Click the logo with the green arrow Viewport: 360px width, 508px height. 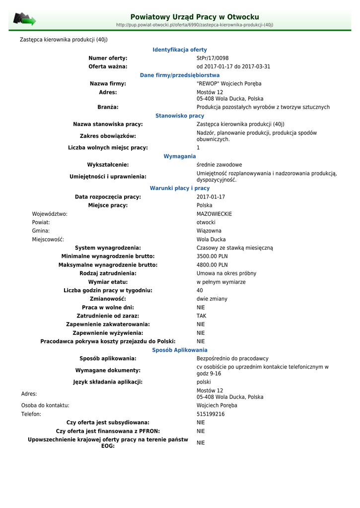click(24, 19)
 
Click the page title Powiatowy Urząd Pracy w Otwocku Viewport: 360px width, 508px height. click(194, 17)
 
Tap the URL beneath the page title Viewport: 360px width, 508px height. click(194, 25)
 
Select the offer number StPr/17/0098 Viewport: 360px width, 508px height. click(213, 58)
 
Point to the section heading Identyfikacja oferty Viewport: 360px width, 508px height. click(180, 50)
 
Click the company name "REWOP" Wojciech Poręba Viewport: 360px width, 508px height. click(229, 83)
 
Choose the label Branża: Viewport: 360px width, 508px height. click(108, 107)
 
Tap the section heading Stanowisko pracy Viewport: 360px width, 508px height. click(180, 116)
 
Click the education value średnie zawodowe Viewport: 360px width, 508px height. click(219, 165)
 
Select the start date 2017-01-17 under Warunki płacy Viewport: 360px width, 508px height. click(211, 197)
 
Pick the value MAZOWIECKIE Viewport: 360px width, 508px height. click(214, 214)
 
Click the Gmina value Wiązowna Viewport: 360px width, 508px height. click(209, 231)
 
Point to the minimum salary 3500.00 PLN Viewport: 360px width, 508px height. click(212, 256)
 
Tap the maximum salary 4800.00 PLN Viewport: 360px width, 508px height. click(212, 265)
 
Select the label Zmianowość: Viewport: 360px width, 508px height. click(108, 299)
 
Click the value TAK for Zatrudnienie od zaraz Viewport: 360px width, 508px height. click(201, 316)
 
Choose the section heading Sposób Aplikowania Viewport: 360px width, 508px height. click(180, 350)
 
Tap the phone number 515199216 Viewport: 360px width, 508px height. click(211, 414)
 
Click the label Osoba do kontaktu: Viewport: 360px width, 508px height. click(45, 405)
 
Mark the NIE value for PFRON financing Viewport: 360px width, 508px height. click(201, 431)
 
